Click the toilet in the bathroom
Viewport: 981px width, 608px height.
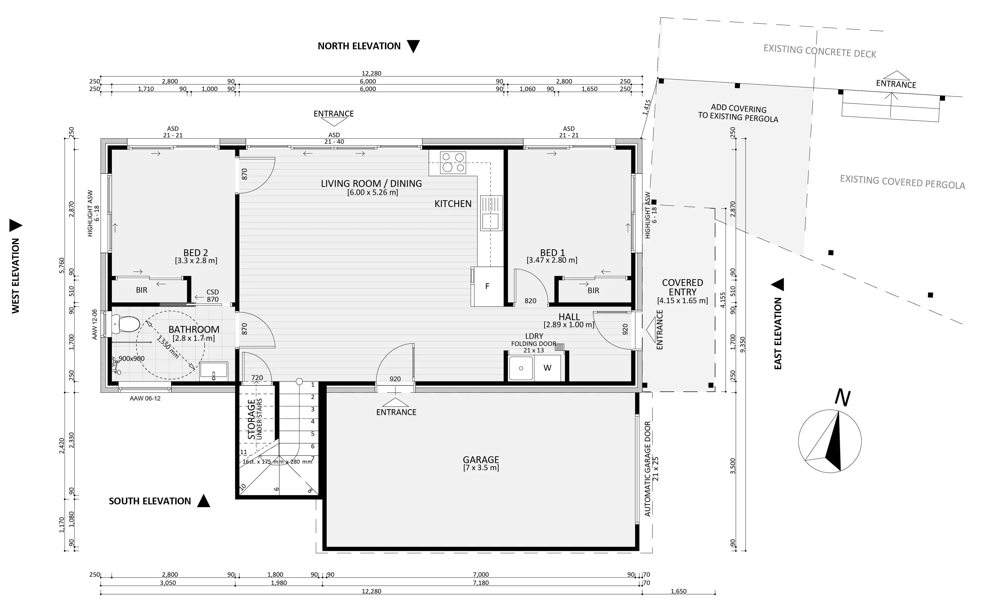[125, 324]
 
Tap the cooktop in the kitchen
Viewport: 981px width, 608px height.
[453, 162]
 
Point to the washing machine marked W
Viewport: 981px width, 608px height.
[547, 367]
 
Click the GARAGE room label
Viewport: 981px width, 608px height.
[481, 460]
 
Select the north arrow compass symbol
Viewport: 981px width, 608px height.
[830, 441]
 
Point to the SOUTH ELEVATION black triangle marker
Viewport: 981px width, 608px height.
[203, 501]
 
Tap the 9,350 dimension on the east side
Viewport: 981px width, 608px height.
[742, 345]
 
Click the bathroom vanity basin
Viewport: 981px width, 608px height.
[214, 371]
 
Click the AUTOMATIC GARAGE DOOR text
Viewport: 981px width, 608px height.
[647, 468]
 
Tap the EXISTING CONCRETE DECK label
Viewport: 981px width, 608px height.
[820, 51]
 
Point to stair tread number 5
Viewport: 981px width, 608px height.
[313, 434]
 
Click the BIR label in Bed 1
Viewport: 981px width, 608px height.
[593, 290]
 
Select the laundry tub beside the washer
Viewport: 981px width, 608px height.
[521, 367]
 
